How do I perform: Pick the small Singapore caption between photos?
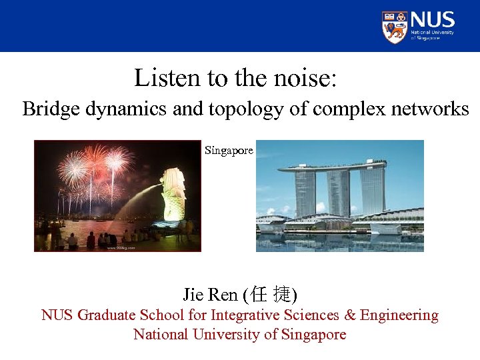[x=229, y=151]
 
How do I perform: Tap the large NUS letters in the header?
[x=433, y=19]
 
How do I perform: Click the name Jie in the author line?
[x=193, y=294]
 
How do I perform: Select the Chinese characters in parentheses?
[x=271, y=294]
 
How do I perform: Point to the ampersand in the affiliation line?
[x=351, y=315]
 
